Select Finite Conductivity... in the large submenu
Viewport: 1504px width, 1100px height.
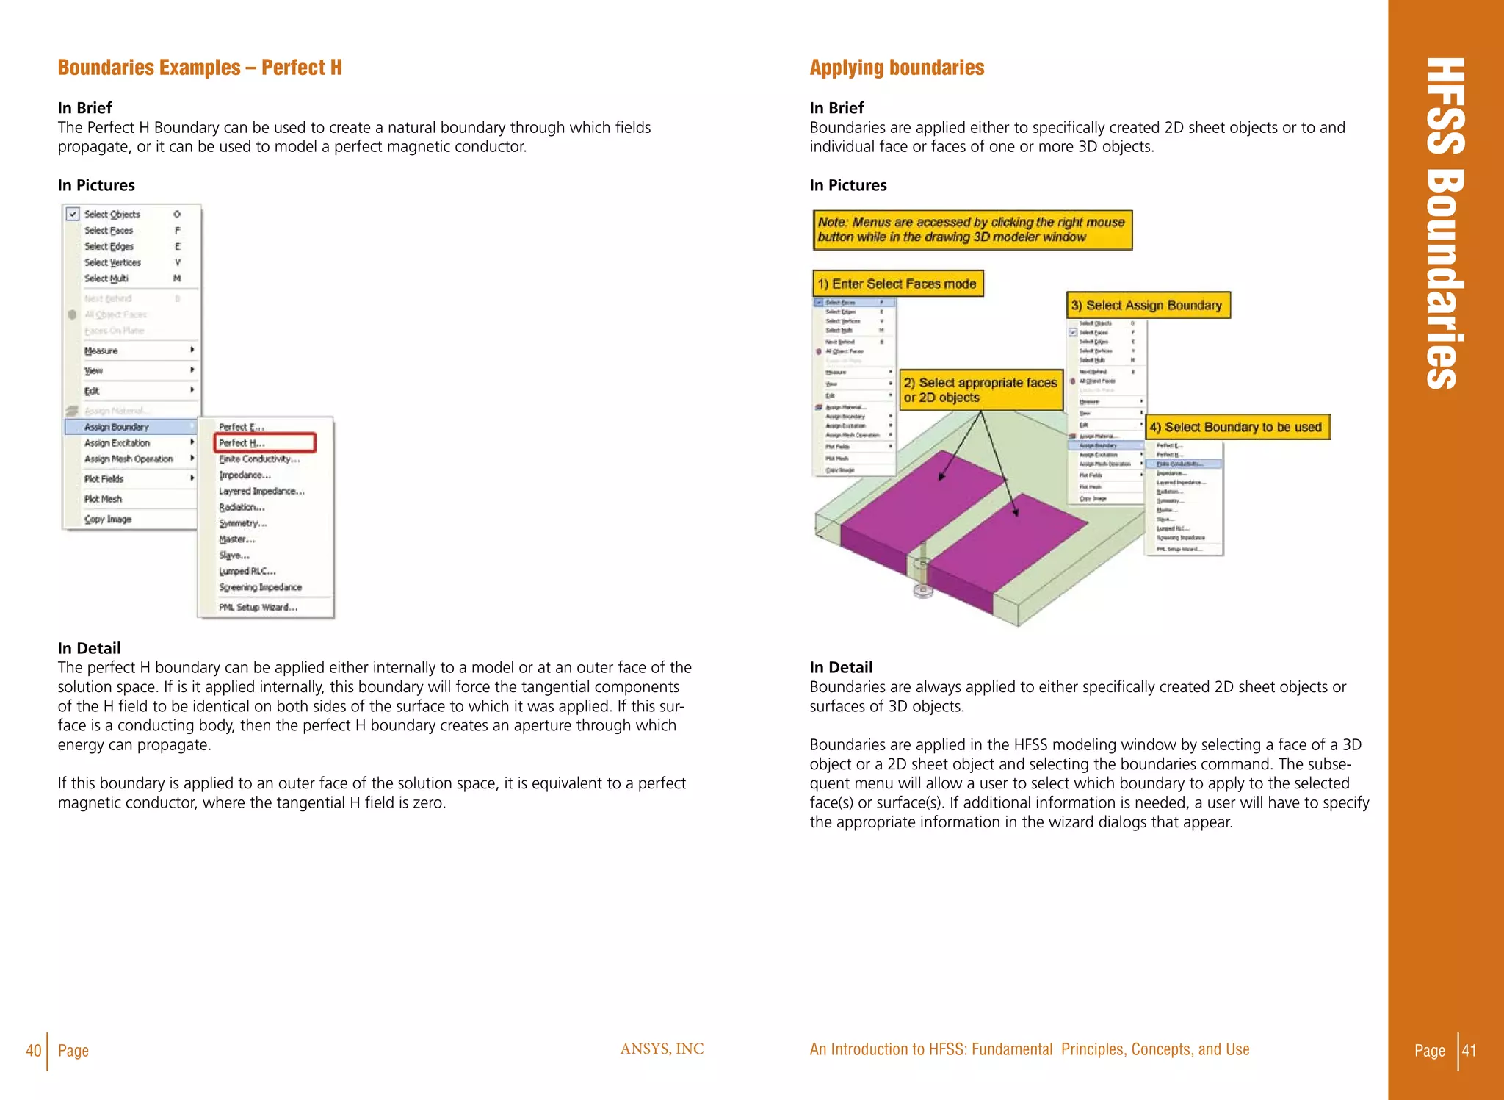[x=259, y=459]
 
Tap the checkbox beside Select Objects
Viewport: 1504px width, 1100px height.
[x=73, y=214]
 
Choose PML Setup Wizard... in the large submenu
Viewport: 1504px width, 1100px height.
[x=258, y=608]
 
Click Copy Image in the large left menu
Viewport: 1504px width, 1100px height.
[x=108, y=519]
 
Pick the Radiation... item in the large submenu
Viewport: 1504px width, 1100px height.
[x=242, y=507]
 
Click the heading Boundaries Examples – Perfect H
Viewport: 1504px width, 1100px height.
[x=200, y=68]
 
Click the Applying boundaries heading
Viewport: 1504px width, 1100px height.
[x=897, y=68]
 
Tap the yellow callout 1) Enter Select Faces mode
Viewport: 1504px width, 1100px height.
[x=897, y=284]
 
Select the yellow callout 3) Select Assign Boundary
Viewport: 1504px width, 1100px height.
[x=1147, y=305]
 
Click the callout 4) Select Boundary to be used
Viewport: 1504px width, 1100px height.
[x=1237, y=427]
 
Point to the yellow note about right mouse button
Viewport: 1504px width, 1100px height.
[x=972, y=230]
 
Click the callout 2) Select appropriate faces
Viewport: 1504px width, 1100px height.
[x=980, y=390]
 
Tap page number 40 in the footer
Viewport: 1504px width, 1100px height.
[x=33, y=1050]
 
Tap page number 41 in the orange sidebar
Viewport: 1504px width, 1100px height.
[x=1469, y=1050]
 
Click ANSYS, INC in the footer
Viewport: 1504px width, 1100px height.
[x=662, y=1049]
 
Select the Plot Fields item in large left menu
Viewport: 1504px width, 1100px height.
[x=104, y=479]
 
